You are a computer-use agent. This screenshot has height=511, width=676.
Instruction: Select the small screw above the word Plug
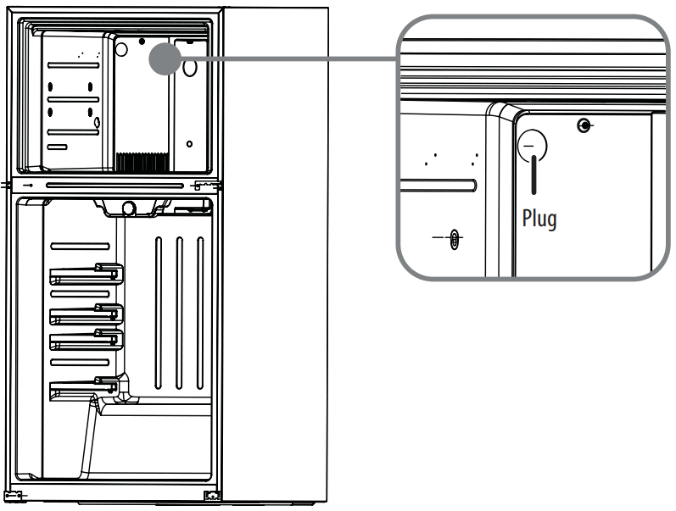click(583, 126)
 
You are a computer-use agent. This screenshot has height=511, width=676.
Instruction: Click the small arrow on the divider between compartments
click(27, 184)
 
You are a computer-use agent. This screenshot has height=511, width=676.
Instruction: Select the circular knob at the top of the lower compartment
click(130, 206)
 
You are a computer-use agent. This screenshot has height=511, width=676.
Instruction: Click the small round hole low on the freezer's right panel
click(188, 143)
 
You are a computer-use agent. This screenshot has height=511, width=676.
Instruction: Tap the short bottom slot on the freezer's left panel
click(57, 147)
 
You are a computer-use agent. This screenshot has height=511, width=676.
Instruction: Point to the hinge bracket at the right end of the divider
click(204, 183)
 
